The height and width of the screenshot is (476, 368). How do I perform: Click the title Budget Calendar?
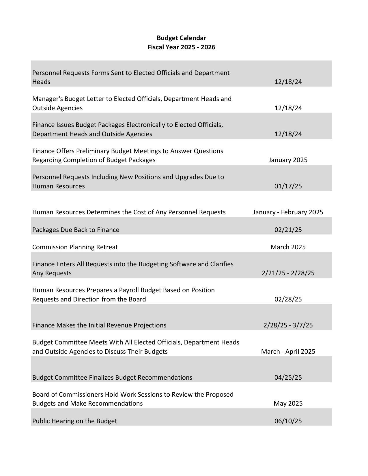click(x=181, y=38)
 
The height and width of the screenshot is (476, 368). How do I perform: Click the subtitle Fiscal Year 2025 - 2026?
click(x=181, y=47)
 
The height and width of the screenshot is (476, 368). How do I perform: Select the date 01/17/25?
click(x=288, y=186)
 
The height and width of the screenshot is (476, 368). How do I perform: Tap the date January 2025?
click(x=288, y=160)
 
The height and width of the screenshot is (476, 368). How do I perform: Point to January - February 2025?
click(x=288, y=212)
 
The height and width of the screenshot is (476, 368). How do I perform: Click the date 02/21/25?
click(x=288, y=230)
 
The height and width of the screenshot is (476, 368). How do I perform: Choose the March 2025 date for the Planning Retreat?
click(x=288, y=247)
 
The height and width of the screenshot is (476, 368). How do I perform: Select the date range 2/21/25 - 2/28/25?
click(x=288, y=273)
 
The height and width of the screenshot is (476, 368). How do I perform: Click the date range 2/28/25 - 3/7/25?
click(x=288, y=325)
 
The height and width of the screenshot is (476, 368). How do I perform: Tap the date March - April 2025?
click(x=288, y=351)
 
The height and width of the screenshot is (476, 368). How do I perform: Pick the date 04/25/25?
click(x=288, y=377)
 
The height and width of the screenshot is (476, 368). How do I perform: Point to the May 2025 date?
click(x=288, y=403)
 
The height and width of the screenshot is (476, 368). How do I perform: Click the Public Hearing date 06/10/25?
click(x=288, y=421)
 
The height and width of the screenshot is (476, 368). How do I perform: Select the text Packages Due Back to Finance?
click(x=76, y=230)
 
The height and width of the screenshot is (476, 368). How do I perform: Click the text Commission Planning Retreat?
click(x=75, y=247)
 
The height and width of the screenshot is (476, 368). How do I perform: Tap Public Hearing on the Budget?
click(x=74, y=421)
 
